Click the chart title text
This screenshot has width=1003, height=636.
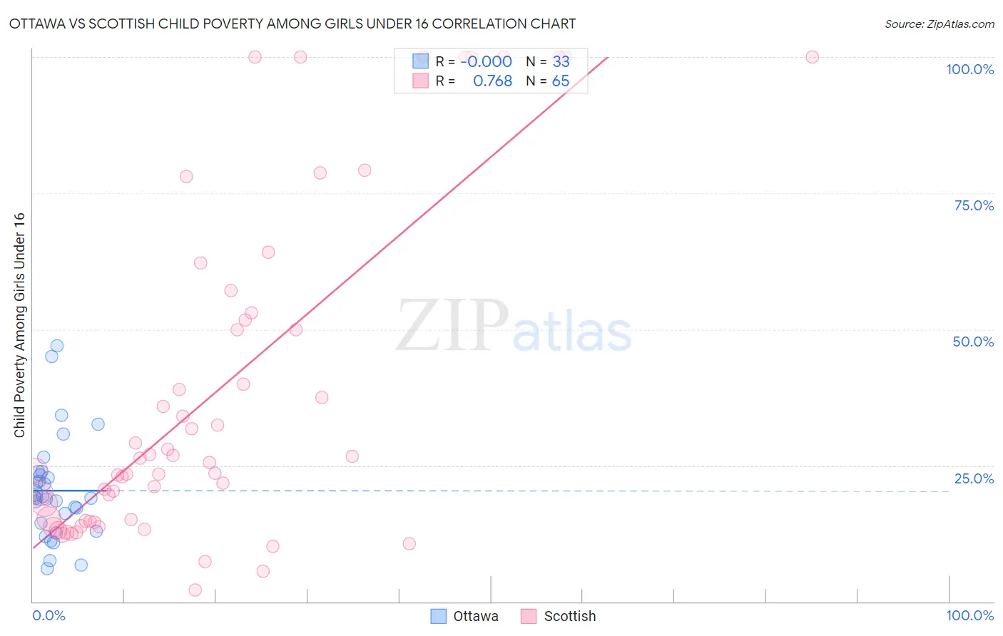292,24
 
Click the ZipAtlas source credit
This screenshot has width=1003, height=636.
939,24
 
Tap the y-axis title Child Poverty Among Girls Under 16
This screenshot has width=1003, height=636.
19,325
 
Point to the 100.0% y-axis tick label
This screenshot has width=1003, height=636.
969,69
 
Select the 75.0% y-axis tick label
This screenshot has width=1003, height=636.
974,205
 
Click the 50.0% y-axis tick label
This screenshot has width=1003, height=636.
973,342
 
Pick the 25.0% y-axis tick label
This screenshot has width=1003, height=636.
974,478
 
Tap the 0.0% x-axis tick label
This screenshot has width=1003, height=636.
49,615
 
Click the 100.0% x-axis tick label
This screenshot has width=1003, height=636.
969,615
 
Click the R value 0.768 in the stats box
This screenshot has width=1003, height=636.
492,81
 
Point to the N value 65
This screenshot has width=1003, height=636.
561,81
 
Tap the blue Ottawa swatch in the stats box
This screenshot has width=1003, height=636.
420,61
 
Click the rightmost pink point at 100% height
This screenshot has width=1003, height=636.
812,57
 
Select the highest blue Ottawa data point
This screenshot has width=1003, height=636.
57,346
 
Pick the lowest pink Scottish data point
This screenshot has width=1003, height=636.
195,590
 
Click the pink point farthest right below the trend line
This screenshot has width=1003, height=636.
409,543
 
